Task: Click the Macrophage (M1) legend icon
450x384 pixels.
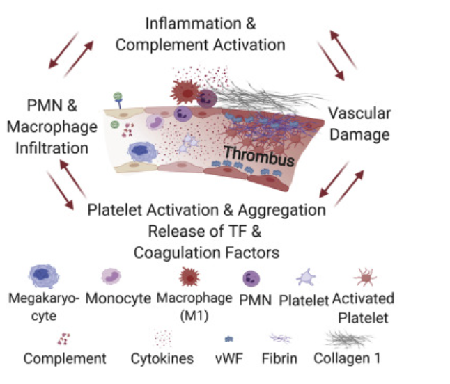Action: pyautogui.click(x=190, y=276)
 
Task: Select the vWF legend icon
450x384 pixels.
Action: pyautogui.click(x=228, y=339)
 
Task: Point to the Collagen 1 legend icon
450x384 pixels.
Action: pyautogui.click(x=348, y=338)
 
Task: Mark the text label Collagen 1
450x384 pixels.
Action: pyautogui.click(x=347, y=360)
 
